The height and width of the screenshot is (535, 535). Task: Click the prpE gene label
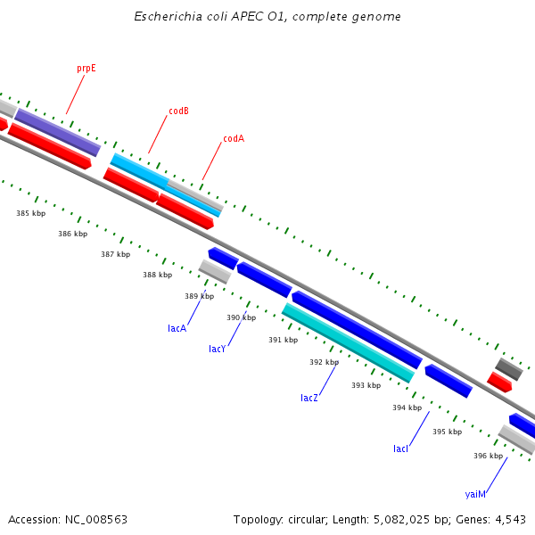click(86, 68)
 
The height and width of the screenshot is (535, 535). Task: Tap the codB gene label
click(178, 111)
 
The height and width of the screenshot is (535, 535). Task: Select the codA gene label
click(234, 138)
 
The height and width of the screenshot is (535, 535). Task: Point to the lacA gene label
click(177, 328)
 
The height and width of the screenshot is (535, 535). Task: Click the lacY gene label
click(218, 349)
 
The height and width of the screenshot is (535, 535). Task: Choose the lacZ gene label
click(309, 398)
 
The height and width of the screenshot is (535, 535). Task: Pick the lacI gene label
click(400, 449)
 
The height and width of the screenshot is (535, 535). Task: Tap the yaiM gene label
click(475, 494)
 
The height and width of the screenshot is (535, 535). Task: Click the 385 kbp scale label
click(30, 213)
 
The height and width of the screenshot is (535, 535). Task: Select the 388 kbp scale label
click(157, 275)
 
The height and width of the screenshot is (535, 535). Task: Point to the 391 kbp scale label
click(283, 340)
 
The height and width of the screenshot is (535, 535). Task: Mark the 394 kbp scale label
click(407, 407)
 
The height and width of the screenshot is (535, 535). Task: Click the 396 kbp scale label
click(488, 456)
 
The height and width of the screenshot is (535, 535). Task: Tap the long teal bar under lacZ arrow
click(348, 342)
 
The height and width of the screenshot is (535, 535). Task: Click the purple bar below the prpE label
click(57, 132)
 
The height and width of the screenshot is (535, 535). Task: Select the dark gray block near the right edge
click(509, 368)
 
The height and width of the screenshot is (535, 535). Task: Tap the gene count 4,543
click(511, 519)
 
